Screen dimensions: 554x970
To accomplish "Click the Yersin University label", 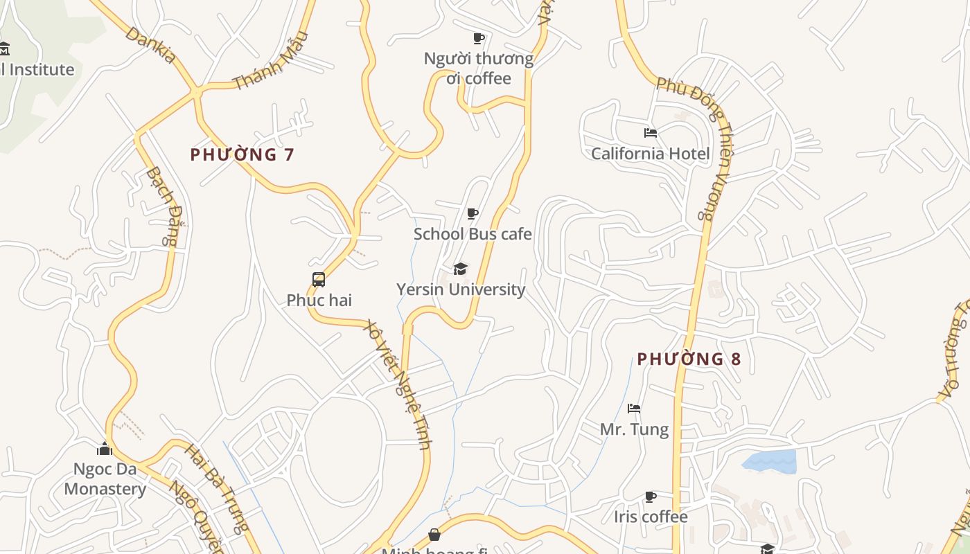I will (x=461, y=289).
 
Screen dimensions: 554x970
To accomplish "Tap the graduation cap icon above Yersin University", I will (x=461, y=269).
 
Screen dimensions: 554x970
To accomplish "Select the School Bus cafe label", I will (x=473, y=234).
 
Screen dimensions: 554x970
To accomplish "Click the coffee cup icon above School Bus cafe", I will (x=473, y=213).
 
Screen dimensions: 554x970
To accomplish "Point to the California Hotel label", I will (x=650, y=153).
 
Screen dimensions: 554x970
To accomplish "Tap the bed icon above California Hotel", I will (x=650, y=132).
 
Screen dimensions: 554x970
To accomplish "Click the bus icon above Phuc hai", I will (x=319, y=280).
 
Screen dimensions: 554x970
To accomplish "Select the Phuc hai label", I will (x=319, y=300).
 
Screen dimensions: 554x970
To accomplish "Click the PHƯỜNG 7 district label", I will (x=242, y=154).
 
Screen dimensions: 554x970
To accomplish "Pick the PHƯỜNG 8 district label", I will (x=689, y=359).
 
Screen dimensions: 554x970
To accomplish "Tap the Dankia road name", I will (x=150, y=45).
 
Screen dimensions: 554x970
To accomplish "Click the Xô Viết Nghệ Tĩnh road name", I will (x=399, y=384).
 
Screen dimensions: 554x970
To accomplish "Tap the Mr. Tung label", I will (x=634, y=429).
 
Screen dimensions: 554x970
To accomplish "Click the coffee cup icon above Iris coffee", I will (x=651, y=497).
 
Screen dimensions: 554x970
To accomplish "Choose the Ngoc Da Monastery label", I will (x=105, y=479).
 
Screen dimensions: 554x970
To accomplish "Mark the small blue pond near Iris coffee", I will (x=770, y=461).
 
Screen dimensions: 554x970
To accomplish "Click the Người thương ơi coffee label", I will (x=479, y=68).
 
